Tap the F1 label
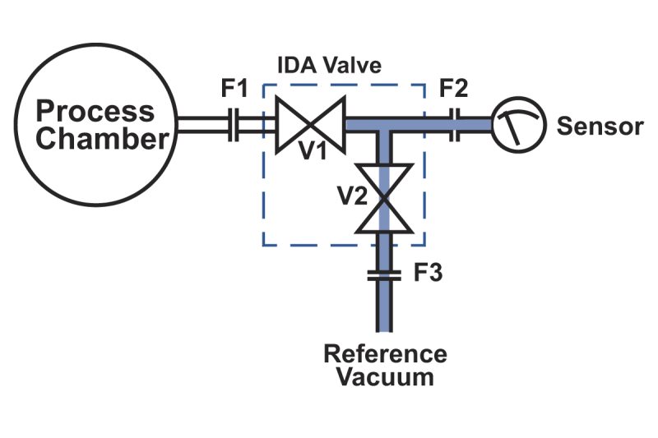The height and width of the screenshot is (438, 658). [234, 88]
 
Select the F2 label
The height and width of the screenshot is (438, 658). [455, 88]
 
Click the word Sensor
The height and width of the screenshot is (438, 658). [600, 127]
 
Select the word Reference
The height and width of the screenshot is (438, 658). [385, 354]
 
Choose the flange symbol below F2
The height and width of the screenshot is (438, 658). [455, 124]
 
